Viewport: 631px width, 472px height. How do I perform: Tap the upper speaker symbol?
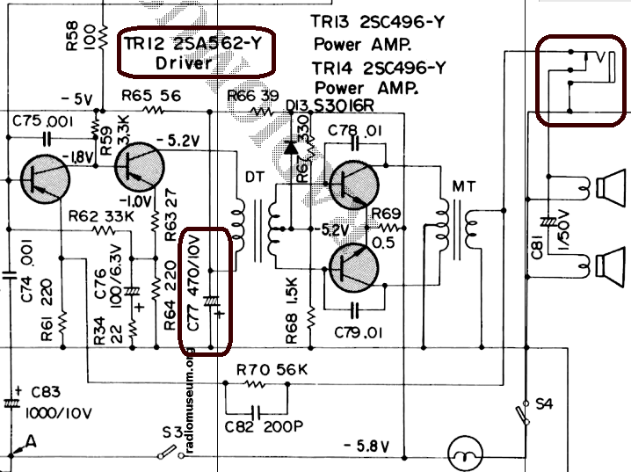[607, 187]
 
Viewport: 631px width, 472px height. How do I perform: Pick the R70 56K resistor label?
[272, 369]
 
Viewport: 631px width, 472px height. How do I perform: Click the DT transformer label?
[254, 178]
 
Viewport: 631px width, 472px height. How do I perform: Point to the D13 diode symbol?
[291, 145]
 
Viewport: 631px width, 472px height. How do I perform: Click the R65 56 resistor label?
[150, 95]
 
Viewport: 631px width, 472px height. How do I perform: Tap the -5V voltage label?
[76, 98]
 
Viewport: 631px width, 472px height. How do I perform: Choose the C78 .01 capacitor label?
[356, 130]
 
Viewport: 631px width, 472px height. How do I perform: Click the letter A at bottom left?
[31, 442]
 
